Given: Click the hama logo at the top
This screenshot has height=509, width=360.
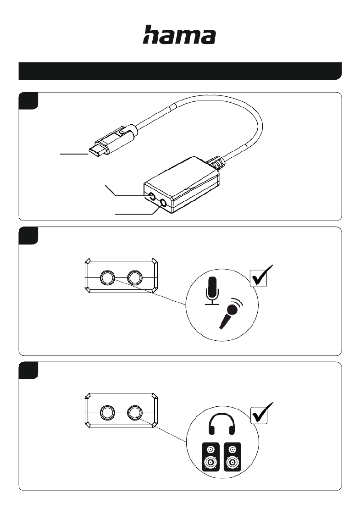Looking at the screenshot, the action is [179, 34].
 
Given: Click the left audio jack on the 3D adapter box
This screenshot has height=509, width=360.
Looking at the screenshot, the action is [152, 196].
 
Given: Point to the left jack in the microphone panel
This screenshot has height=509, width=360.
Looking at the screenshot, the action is [107, 278].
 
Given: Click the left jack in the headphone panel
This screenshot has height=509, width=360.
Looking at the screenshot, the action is [107, 413].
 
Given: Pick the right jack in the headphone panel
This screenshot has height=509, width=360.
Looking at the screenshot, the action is [135, 413].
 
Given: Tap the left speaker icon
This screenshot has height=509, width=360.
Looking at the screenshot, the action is [210, 457].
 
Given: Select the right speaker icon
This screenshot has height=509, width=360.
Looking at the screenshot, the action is [233, 457].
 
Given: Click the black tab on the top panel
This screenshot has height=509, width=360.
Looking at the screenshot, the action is [28, 100].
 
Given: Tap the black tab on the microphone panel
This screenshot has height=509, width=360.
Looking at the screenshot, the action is [28, 236].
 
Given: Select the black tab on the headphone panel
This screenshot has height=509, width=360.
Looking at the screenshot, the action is [28, 371].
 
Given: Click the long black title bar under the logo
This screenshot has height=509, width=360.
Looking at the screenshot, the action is [180, 71].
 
